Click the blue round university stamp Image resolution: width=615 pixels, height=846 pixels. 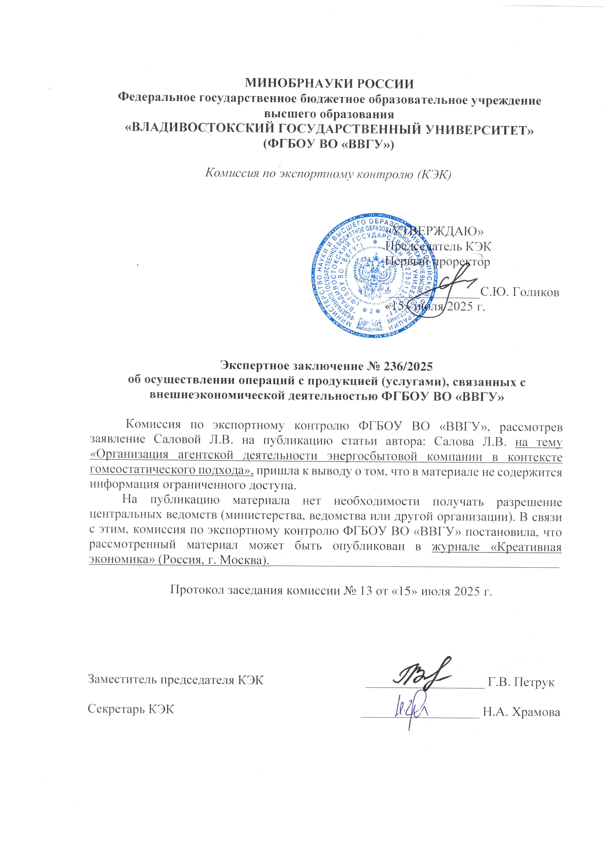point(373,276)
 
